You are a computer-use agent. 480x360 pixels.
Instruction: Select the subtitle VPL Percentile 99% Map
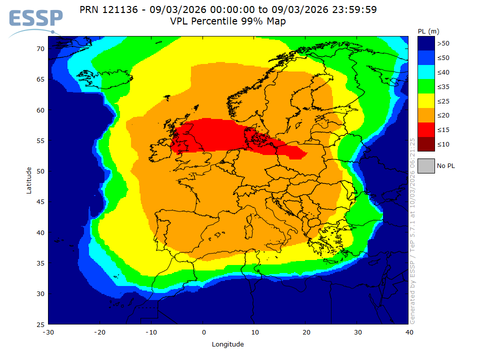click(x=228, y=21)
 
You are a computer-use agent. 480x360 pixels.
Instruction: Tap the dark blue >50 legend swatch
click(x=425, y=43)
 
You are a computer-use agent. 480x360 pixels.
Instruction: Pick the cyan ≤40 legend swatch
click(x=425, y=72)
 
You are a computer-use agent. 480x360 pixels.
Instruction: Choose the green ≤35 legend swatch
click(x=425, y=87)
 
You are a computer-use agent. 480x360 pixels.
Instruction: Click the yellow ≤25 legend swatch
click(x=425, y=101)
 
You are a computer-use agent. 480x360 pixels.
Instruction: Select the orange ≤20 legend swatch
click(x=425, y=115)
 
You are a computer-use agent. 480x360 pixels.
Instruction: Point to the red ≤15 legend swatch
click(x=425, y=130)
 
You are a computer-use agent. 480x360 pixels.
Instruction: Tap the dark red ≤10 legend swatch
click(x=425, y=144)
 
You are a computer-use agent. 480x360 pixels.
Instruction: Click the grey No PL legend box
click(x=425, y=165)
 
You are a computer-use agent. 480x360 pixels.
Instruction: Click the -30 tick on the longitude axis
click(x=48, y=332)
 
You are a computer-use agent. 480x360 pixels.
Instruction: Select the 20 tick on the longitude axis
click(x=306, y=332)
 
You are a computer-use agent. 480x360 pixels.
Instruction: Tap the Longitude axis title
click(x=228, y=344)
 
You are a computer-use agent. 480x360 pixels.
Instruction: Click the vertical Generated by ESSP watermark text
click(x=412, y=230)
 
